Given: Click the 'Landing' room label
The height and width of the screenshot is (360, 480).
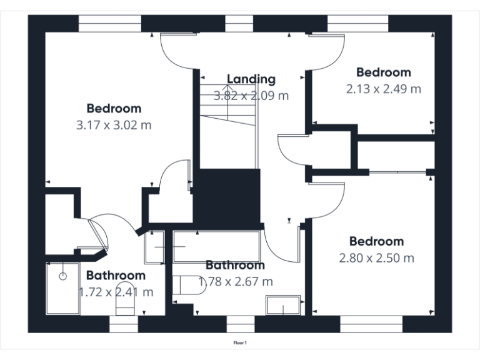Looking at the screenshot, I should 251,79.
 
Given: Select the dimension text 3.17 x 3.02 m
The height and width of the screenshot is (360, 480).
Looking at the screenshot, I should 114,125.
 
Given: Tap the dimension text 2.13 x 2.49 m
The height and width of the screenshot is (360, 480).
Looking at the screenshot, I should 383,89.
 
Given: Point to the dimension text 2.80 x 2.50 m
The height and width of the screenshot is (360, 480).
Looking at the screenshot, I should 376,257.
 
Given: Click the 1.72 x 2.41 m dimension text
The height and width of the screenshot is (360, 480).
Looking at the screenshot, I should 116,292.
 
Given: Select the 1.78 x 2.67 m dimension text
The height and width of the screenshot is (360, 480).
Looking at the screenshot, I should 236,282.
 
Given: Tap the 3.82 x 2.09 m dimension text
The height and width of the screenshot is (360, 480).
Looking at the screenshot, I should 251,96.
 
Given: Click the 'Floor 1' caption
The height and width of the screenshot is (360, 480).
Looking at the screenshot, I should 240,342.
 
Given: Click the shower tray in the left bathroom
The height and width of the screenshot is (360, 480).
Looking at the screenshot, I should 62,288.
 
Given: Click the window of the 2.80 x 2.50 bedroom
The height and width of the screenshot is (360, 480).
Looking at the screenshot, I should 371,324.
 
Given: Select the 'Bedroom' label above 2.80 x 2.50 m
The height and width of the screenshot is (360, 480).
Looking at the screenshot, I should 376,241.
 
